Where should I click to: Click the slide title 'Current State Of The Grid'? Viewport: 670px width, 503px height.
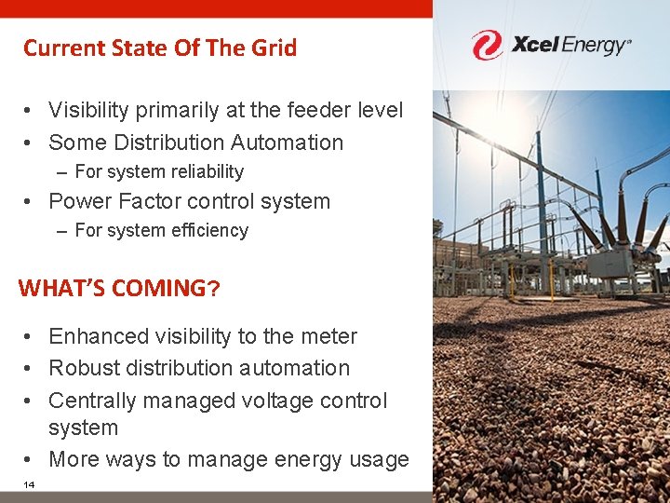160,48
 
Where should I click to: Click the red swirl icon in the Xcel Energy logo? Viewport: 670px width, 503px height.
487,45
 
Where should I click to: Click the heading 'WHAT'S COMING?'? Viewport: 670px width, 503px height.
119,288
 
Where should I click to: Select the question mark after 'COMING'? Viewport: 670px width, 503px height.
214,288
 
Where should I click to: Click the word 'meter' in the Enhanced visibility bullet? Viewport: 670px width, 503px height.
327,336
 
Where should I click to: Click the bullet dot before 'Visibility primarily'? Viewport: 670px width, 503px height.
30,111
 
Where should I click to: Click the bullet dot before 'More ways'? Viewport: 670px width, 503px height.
30,460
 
